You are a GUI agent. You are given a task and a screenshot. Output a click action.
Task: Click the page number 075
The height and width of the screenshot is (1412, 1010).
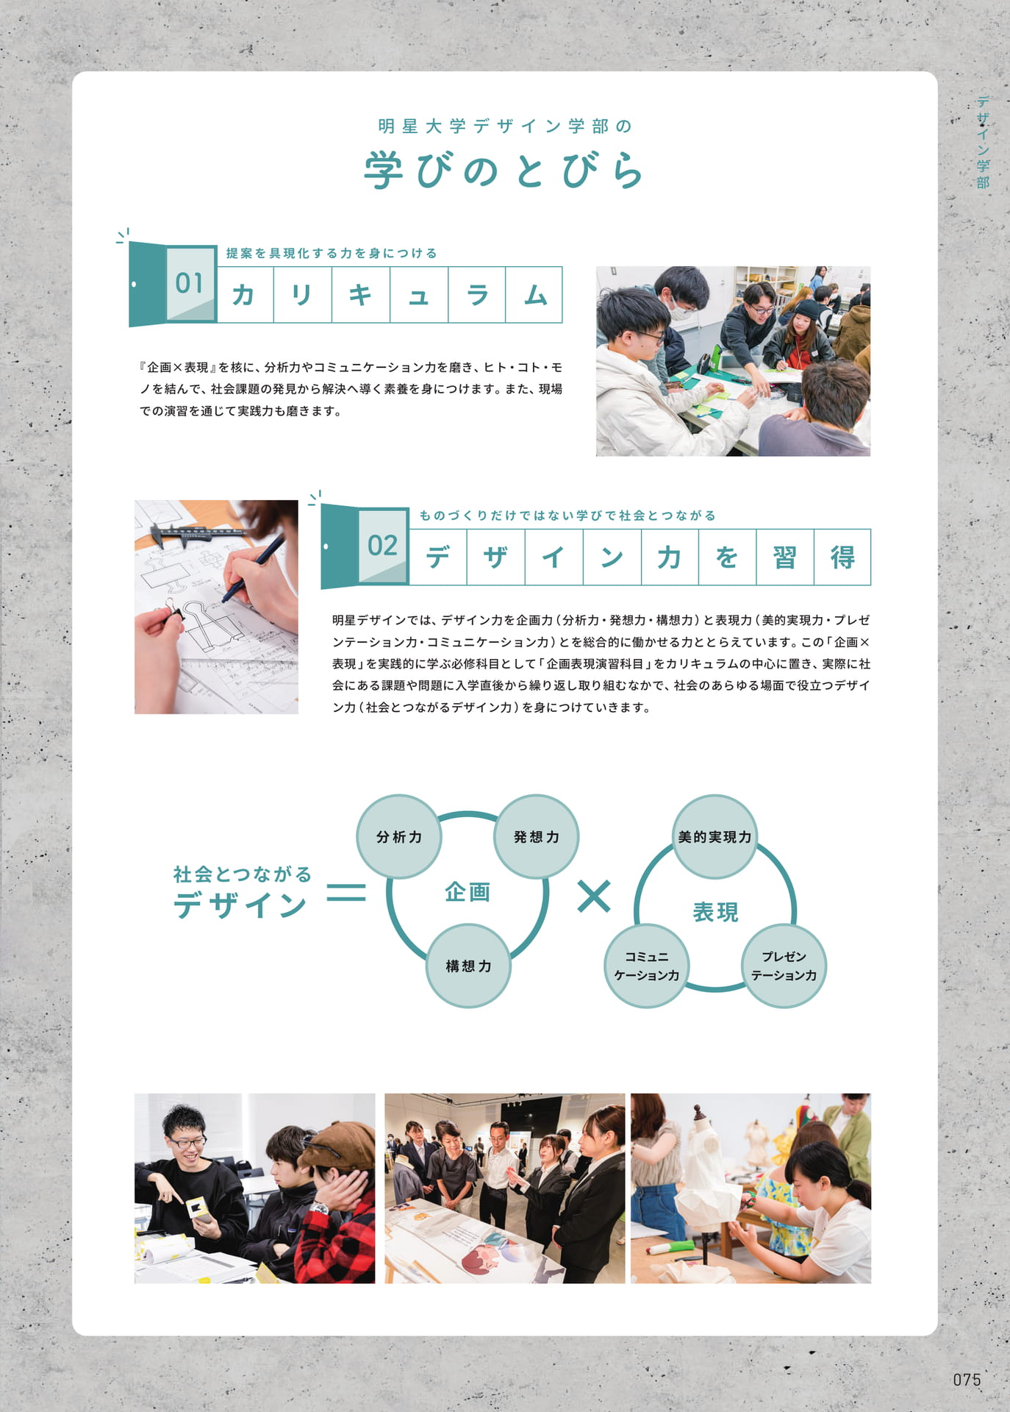coord(967,1380)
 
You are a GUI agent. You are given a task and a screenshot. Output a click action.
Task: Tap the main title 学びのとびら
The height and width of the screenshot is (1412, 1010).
coord(504,171)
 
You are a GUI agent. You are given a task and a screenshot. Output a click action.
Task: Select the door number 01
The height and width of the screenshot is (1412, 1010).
coord(189,283)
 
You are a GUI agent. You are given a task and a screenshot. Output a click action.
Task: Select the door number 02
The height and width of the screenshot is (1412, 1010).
coord(382,546)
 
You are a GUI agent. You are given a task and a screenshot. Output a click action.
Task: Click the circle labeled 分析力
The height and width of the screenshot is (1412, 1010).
coord(399,837)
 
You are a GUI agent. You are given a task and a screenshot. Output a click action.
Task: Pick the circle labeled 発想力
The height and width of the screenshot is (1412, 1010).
coord(536,837)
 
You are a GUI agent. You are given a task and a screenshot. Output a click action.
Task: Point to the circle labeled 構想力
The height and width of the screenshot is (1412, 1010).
coord(468,966)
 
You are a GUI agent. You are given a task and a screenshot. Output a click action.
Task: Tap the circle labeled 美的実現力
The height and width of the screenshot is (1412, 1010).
coord(714,837)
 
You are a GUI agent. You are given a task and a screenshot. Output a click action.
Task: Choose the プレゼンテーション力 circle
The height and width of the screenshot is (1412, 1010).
coord(784,966)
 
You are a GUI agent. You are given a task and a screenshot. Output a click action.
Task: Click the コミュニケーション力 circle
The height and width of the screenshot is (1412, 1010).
coord(646,966)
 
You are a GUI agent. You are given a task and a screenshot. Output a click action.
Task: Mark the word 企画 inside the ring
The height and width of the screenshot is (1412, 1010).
coord(468,892)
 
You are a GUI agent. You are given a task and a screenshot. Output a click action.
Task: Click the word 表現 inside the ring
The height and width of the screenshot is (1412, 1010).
coord(715,912)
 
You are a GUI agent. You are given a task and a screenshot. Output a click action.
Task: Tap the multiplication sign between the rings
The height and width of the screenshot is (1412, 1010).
coord(594,896)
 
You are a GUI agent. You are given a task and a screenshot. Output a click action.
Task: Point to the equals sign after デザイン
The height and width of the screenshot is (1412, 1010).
coord(346,892)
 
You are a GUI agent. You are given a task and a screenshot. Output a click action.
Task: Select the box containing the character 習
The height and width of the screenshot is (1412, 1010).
coord(785,557)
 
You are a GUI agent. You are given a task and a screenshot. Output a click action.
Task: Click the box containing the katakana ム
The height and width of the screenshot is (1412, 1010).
coord(534,295)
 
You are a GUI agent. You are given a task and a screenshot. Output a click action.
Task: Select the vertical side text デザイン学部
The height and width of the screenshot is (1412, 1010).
coord(983,142)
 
